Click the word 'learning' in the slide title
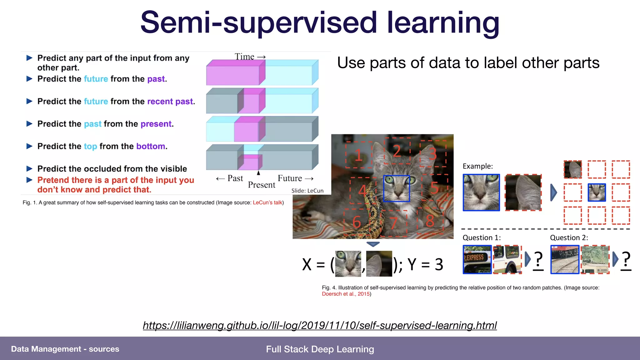point(443,22)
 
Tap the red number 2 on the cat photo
point(397,151)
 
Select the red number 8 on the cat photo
point(430,221)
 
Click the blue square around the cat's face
point(397,188)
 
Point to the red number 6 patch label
point(357,222)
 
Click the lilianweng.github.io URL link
point(320,325)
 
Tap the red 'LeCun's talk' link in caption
point(267,202)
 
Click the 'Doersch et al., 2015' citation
point(346,294)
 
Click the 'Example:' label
point(477,166)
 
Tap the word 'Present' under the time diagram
point(262,185)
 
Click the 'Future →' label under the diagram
point(295,178)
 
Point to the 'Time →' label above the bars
point(250,57)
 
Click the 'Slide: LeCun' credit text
point(307,191)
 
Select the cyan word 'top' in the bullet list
point(90,146)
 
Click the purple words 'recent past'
point(170,101)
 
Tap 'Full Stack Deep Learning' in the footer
point(320,349)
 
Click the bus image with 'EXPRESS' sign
point(477,259)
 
